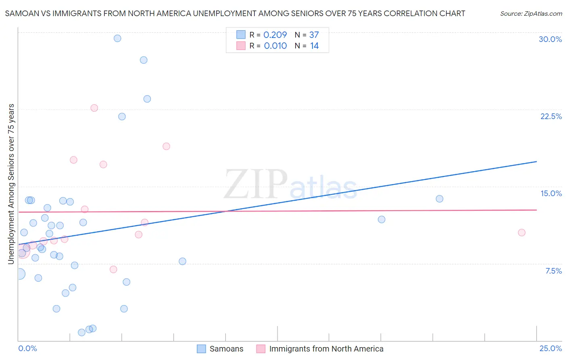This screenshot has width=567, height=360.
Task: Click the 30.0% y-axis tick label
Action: [x=550, y=39]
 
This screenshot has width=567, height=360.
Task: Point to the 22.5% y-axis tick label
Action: [x=551, y=116]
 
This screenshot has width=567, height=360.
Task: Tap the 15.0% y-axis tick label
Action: [x=551, y=193]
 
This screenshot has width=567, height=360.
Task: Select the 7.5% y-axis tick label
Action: [x=553, y=271]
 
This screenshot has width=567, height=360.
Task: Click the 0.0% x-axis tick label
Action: [x=27, y=348]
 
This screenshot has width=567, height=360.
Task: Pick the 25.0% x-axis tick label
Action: [x=550, y=348]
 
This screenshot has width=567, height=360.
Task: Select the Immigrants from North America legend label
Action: [x=326, y=349]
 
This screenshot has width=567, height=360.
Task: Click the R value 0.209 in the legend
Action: [x=275, y=35]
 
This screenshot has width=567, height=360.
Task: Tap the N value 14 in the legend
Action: [x=315, y=46]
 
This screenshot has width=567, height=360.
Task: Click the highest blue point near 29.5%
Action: [x=117, y=38]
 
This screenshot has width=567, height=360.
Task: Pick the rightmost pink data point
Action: [x=521, y=232]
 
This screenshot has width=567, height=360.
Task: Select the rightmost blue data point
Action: [x=440, y=199]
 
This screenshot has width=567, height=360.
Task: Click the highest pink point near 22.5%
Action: [x=94, y=108]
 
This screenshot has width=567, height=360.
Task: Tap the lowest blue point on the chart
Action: [x=81, y=333]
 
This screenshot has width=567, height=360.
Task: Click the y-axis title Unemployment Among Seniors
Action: [x=11, y=184]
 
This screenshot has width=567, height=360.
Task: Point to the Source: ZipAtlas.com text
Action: [x=531, y=14]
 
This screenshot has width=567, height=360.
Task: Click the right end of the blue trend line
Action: [x=536, y=161]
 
